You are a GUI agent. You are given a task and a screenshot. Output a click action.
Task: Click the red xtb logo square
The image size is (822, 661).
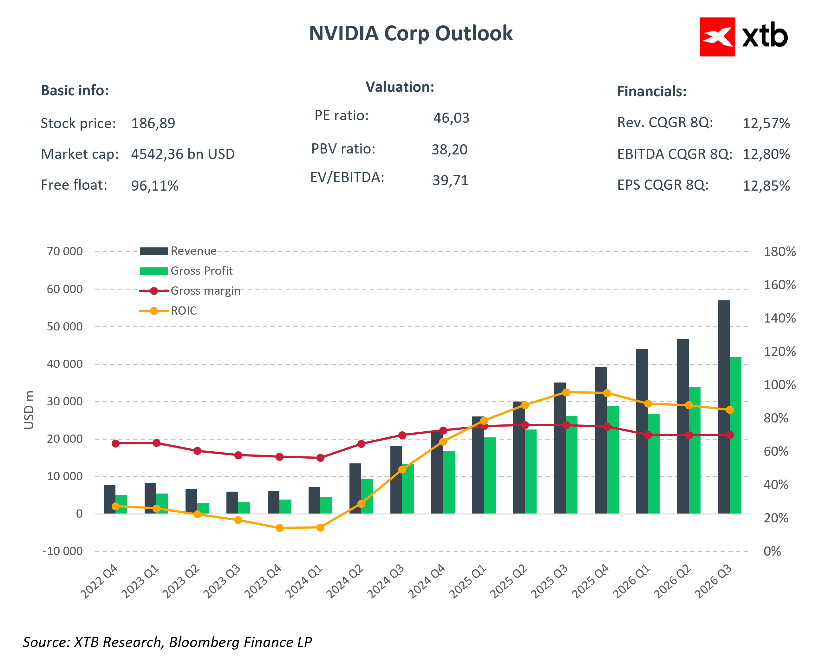717,37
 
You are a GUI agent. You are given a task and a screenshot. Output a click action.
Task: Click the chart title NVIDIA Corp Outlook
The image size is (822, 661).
411,34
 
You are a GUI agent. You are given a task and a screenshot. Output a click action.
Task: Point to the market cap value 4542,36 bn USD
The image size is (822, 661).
183,154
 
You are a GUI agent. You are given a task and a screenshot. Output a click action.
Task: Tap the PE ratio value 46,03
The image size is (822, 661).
451,118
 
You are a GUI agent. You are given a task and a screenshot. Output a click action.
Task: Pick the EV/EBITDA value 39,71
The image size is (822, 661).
450,180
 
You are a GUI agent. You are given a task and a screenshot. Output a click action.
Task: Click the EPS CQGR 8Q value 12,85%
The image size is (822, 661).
766,186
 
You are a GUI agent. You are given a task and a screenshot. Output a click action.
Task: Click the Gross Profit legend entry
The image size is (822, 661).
201,271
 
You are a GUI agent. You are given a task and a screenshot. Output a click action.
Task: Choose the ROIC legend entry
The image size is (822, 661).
183,311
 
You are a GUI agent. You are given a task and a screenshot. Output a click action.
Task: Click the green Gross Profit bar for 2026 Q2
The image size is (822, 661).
694,450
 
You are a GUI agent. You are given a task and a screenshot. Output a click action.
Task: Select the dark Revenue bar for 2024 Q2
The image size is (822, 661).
355,488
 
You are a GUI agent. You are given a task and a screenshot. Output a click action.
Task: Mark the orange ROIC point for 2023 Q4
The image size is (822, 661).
279,528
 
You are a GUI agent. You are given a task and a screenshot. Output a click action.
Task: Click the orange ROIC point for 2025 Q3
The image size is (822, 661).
566,392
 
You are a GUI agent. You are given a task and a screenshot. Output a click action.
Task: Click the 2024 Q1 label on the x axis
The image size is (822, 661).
304,582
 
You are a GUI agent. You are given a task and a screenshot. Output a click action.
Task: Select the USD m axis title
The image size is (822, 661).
29,410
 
